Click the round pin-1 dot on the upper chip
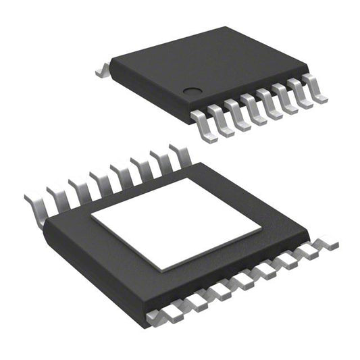[x=192, y=91]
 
